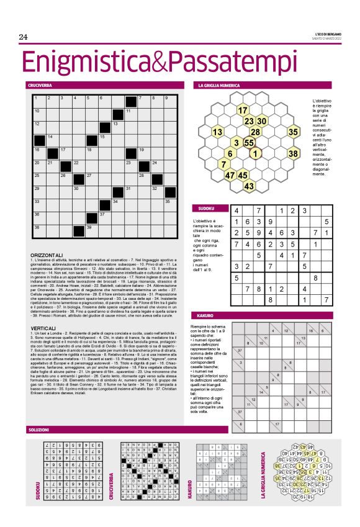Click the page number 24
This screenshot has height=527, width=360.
tap(24, 37)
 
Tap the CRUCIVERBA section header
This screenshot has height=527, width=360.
tap(39, 84)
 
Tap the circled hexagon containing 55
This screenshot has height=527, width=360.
tap(250, 142)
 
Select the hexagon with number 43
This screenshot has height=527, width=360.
tap(249, 186)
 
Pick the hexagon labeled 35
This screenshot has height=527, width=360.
tap(294, 132)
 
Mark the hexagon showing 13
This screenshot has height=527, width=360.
tap(217, 132)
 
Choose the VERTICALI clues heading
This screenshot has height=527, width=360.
tap(43, 328)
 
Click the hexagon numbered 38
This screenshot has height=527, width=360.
tap(294, 153)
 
